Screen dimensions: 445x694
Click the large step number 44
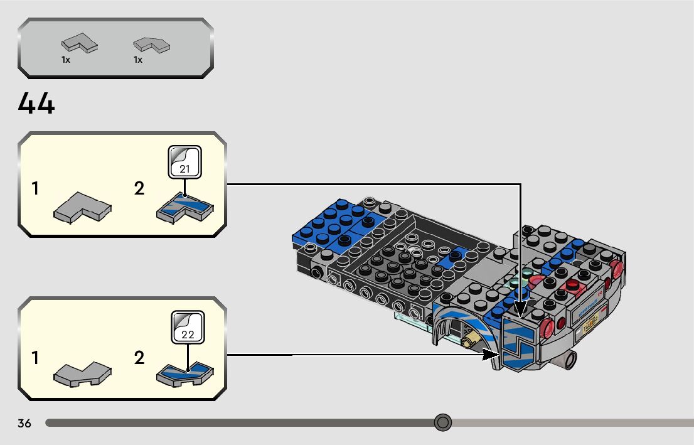coord(36,104)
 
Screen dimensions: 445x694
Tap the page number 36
coord(24,423)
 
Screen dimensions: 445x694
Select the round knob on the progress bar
coord(443,422)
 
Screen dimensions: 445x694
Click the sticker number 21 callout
coord(185,162)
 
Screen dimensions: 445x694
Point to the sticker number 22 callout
coord(188,327)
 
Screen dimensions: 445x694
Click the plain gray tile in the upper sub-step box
coord(82,208)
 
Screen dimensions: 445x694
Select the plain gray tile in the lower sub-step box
coord(82,374)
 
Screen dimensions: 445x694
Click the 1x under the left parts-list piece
coord(66,60)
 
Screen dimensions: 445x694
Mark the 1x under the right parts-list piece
coord(138,60)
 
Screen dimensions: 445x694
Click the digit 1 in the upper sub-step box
coord(36,188)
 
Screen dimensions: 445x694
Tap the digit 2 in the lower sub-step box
coord(139,358)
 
